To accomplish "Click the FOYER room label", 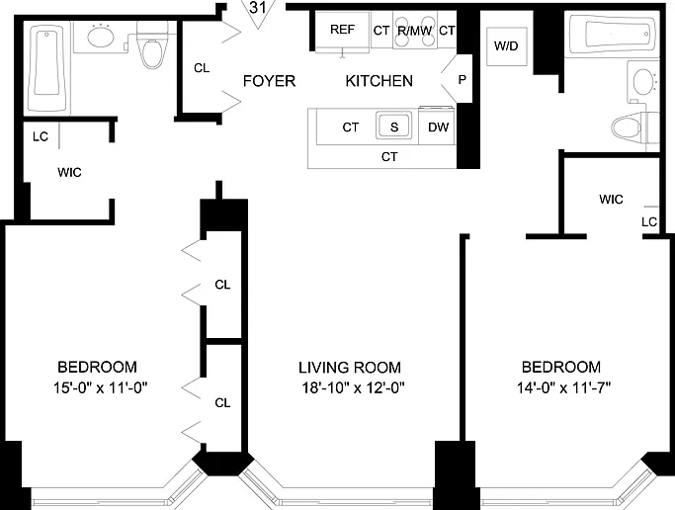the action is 269,81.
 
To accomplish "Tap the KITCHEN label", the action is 379,81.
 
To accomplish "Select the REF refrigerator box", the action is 342,32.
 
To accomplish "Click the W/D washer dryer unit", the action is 507,46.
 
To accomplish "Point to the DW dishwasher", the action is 438,127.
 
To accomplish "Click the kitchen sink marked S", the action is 394,126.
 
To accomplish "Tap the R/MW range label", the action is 414,31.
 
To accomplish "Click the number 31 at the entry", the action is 257,7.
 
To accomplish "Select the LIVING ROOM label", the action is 350,368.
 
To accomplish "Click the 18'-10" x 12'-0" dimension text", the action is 353,387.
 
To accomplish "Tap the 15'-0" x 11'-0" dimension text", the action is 100,387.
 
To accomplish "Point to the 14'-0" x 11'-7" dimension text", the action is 563,387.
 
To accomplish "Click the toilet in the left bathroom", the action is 151,44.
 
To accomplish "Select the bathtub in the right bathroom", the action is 614,34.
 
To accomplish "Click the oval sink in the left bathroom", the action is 101,36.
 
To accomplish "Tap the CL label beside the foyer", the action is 202,68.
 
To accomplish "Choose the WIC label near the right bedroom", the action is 611,200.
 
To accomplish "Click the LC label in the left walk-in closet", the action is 41,136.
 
